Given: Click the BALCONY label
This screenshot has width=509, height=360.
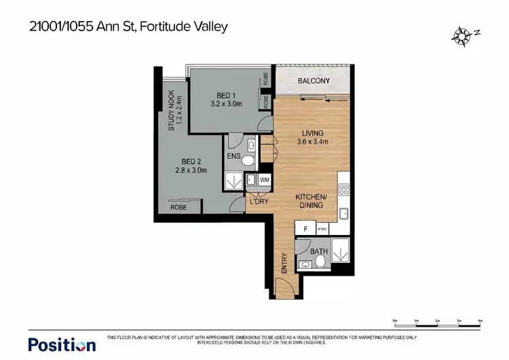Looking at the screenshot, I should [x=314, y=82].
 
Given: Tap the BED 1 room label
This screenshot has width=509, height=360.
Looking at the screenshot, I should [x=225, y=94].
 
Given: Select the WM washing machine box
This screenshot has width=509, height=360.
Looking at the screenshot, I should [x=264, y=179].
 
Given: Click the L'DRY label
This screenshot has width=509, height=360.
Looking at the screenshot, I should [x=259, y=202].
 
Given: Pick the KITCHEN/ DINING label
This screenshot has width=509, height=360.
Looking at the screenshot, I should [x=312, y=200].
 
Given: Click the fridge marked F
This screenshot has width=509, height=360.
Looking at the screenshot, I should [x=305, y=230].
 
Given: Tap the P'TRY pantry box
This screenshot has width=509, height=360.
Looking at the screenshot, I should [x=322, y=230].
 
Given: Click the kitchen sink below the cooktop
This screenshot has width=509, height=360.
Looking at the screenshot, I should [x=344, y=214].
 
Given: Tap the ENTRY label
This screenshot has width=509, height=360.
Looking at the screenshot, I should [x=284, y=264].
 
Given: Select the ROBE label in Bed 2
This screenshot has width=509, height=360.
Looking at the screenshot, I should [x=178, y=207].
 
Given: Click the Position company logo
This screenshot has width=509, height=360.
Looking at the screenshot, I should [x=62, y=344].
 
